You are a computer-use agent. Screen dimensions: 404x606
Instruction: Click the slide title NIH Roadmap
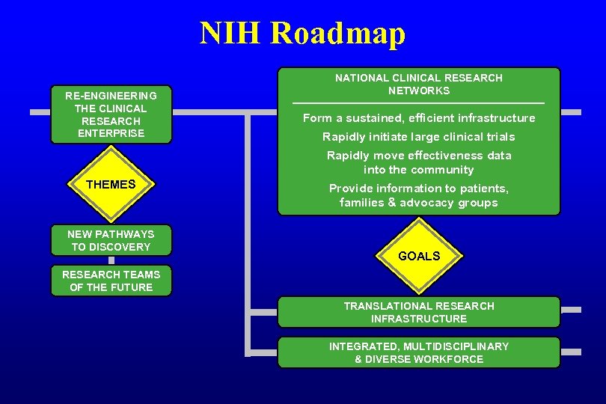point(302,34)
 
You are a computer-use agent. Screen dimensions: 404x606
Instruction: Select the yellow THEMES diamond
point(111,184)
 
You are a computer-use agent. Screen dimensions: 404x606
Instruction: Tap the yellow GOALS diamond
point(419,256)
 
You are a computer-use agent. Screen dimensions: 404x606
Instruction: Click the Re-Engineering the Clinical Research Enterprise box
point(111,114)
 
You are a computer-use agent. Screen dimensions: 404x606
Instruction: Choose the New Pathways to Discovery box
point(111,240)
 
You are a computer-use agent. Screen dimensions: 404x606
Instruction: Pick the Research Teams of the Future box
point(111,281)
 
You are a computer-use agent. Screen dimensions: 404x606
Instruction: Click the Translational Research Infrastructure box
point(419,312)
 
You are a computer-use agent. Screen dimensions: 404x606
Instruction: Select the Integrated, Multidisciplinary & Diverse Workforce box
point(419,352)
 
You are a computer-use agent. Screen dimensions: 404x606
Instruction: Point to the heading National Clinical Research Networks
point(419,84)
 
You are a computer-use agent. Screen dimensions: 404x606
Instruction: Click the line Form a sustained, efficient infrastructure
point(419,118)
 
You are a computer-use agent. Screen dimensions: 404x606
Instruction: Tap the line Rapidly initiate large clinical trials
point(419,137)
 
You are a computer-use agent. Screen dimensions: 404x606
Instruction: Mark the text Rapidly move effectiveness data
point(419,156)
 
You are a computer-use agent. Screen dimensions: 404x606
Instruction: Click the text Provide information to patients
point(419,189)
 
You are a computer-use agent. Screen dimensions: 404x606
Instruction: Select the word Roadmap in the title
point(337,34)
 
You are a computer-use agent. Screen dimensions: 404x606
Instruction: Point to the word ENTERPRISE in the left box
point(111,133)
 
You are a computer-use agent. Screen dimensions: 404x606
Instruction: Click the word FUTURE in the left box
point(132,287)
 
